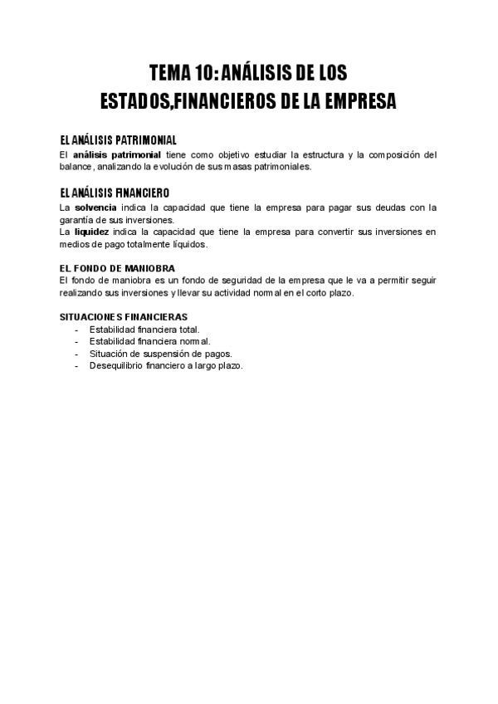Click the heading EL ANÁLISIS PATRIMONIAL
pyautogui.click(x=118, y=139)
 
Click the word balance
pyautogui.click(x=78, y=166)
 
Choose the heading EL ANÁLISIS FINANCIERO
pyautogui.click(x=115, y=192)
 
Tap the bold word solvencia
pyautogui.click(x=95, y=207)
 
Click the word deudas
pyautogui.click(x=378, y=207)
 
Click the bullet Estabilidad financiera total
pyautogui.click(x=144, y=329)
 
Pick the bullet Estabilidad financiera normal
pyautogui.click(x=149, y=341)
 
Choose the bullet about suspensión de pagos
pyautogui.click(x=160, y=353)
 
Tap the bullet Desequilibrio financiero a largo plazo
pyautogui.click(x=166, y=365)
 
